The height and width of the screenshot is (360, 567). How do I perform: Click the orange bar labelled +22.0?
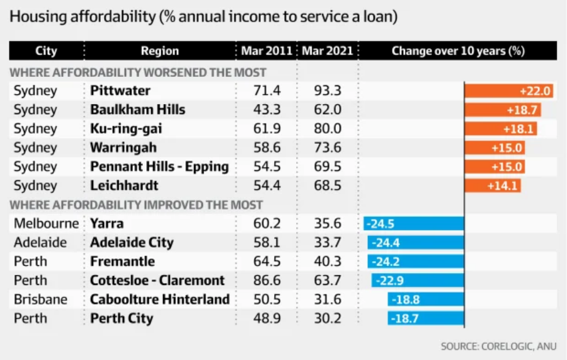[x=509, y=91]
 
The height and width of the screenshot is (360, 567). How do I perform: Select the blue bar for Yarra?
[x=413, y=223]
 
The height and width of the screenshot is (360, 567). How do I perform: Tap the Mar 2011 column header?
[x=266, y=51]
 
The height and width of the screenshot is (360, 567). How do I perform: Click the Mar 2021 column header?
[x=327, y=51]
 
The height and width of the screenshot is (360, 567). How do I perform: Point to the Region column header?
[x=159, y=51]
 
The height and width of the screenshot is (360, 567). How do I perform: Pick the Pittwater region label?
[x=120, y=91]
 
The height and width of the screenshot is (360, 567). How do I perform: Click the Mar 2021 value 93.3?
[x=327, y=91]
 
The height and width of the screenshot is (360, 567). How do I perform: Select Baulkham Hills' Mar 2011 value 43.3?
[x=266, y=110]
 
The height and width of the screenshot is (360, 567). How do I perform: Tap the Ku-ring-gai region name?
[x=126, y=129]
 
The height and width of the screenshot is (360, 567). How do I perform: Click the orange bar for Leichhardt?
[x=493, y=185]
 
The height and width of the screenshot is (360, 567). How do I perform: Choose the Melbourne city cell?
[x=47, y=223]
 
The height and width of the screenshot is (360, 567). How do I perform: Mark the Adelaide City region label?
[x=132, y=242]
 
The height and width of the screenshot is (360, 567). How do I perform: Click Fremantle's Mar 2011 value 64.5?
[x=266, y=261]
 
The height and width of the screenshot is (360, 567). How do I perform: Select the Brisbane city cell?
[x=40, y=299]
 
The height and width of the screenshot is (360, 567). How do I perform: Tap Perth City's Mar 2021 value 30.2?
[x=327, y=318]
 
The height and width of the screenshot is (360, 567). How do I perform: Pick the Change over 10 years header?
[x=458, y=51]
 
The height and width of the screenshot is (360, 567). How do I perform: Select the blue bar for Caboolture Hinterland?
[x=425, y=299]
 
